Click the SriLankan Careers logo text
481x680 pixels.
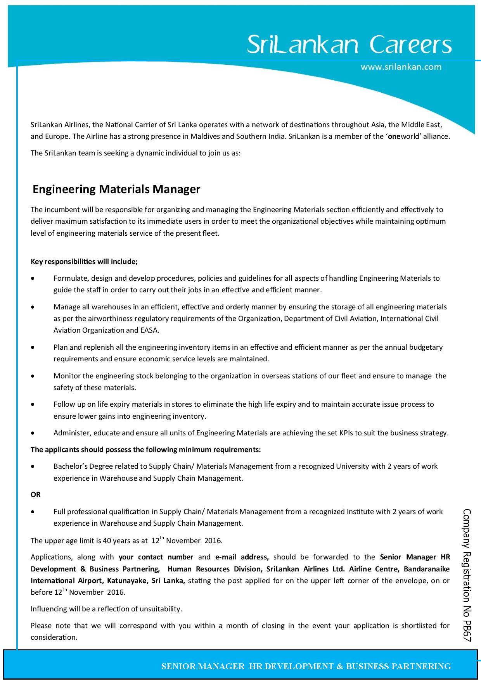[x=349, y=45]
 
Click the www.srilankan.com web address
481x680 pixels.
[x=401, y=67]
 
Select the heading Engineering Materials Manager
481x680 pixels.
[x=116, y=189]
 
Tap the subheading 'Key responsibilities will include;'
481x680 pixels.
[x=84, y=262]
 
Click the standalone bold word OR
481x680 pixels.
[x=35, y=495]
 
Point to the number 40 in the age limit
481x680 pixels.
[x=106, y=541]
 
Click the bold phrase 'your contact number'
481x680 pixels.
[x=156, y=557]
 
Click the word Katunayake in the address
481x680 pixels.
[x=126, y=581]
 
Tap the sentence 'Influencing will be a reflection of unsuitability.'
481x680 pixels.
[x=106, y=609]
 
